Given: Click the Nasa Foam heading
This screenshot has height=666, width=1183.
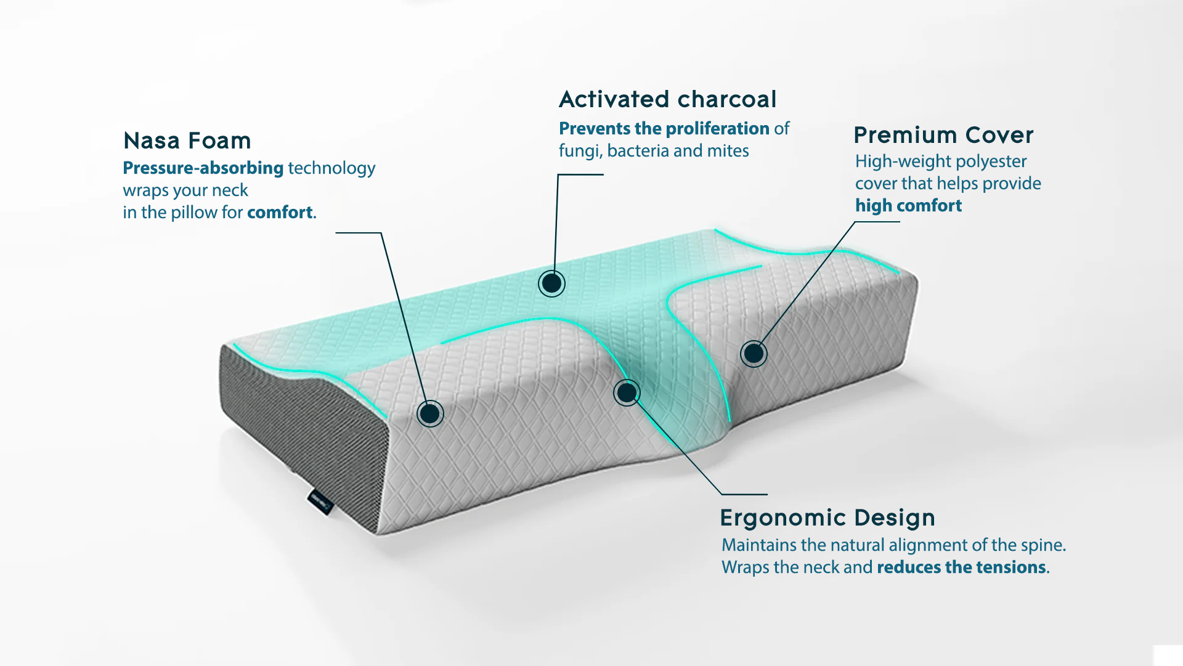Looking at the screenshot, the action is [187, 140].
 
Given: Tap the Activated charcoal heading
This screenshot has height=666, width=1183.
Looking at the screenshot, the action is [668, 99].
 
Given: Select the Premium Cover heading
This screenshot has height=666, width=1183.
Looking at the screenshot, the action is [943, 135].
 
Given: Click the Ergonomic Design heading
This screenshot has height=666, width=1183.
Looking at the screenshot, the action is [827, 518].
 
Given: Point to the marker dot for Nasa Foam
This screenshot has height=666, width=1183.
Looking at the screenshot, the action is [430, 413].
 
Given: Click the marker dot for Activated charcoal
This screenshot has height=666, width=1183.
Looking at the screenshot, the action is [551, 283].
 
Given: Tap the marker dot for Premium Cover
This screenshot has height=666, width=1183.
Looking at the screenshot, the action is [754, 354].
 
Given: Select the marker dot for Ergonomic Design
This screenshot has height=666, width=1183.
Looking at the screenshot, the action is [627, 392].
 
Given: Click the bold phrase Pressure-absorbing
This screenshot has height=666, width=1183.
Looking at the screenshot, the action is [203, 168].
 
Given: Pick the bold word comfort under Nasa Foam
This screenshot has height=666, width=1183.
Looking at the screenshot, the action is [280, 213].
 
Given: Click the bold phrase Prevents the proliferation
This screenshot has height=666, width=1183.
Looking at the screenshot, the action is [664, 128].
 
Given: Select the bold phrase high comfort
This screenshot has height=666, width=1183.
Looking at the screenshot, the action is [908, 206].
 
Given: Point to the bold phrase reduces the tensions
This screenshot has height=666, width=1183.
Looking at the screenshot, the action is [961, 567].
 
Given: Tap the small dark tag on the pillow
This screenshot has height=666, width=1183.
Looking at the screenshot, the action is [320, 502].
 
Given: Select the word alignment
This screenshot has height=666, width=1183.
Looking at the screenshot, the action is [916, 546].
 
